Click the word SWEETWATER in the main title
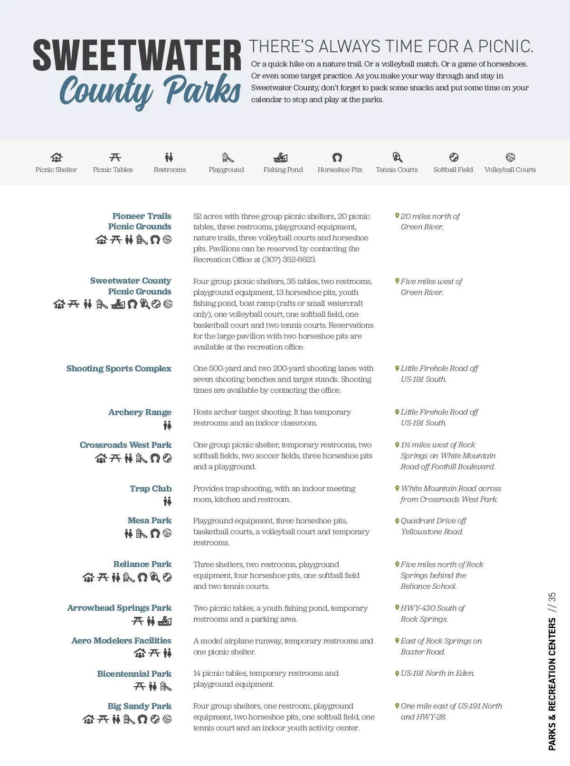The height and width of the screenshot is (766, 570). coord(137,56)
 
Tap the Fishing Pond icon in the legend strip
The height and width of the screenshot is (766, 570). coord(281,157)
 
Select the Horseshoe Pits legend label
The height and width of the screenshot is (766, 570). coord(340,170)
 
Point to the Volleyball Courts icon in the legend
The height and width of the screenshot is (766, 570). coord(510,157)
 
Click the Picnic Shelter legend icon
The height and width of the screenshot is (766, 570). coord(56,157)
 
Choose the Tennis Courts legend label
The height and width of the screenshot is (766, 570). coord(397,170)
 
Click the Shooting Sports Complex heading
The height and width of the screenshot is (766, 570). coord(119,369)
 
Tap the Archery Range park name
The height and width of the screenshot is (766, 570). coord(140,412)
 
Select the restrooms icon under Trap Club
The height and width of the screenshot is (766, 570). coord(167,501)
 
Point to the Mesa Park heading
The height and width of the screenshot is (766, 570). coord(149,520)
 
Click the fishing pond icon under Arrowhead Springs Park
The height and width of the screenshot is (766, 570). coord(164,621)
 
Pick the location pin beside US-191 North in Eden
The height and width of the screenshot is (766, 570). coord(397,673)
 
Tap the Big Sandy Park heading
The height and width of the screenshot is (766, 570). coord(139,706)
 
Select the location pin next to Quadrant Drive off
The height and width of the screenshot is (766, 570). coord(397,521)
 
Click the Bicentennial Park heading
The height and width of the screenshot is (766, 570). coord(134,674)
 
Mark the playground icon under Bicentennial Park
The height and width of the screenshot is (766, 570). coord(165,686)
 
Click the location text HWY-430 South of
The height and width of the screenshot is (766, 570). coord(432,608)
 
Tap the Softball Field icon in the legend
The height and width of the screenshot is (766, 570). coord(454,157)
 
